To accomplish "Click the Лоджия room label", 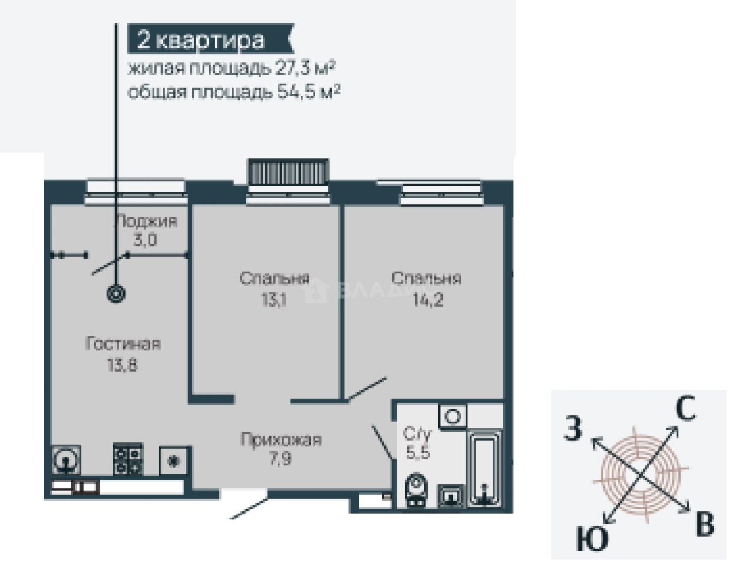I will click(x=145, y=221).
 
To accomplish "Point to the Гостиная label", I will click(x=123, y=344).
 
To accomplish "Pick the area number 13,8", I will click(x=122, y=365).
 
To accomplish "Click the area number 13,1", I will click(x=274, y=300).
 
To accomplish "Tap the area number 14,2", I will click(x=427, y=300).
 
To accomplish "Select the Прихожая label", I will click(x=281, y=439).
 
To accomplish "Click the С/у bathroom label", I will click(x=417, y=434).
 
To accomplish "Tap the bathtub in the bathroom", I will click(x=484, y=468).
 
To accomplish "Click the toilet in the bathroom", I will click(x=417, y=489).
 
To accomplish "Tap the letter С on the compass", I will click(x=685, y=409).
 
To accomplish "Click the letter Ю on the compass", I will click(x=592, y=539).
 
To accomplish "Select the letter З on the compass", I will click(x=573, y=428).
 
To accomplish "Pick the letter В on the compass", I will click(x=705, y=524).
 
